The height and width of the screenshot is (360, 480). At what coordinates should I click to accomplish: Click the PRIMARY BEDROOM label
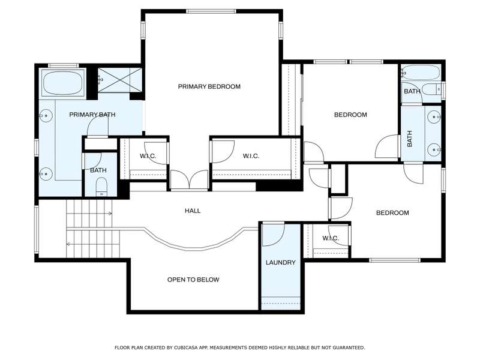pos(209,86)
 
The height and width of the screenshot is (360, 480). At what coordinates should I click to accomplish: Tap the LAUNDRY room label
pos(280,262)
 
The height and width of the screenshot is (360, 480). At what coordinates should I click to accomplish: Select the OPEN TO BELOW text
pos(193,280)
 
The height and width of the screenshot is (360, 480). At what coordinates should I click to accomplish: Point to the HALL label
pos(193,211)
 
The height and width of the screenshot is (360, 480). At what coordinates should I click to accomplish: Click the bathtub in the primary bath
pos(63,83)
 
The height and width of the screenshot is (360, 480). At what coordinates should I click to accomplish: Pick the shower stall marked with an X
pos(119,80)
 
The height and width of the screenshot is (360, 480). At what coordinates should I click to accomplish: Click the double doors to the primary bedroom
pos(189,180)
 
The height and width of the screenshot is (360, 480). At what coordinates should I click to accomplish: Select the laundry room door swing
pos(274,235)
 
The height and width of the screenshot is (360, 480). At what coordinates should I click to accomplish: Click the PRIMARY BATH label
pos(92,115)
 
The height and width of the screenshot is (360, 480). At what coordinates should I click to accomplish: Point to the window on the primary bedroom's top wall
pos(211,11)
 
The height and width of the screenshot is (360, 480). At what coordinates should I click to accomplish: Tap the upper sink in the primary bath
pos(46,116)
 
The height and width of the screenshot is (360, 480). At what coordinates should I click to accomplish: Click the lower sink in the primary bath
pos(46,174)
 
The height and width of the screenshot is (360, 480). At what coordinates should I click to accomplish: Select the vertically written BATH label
pos(410,139)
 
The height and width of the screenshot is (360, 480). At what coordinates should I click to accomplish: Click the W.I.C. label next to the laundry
pos(331,238)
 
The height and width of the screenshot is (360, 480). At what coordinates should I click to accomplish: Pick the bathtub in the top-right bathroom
pos(421,72)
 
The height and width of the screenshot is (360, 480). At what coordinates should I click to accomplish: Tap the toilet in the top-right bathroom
pos(431,89)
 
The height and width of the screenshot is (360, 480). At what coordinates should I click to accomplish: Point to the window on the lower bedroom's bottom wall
pos(395,260)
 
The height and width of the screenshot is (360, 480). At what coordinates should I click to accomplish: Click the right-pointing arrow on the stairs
pos(109,214)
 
